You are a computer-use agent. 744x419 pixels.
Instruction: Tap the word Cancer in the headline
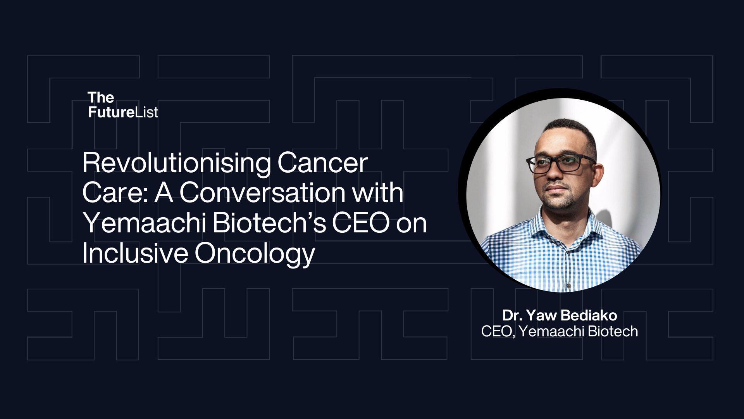coord(322,163)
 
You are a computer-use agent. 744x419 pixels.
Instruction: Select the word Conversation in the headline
coord(262,193)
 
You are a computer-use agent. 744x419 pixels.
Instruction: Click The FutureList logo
coord(123,105)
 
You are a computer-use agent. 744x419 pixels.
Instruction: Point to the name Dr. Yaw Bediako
coord(560,315)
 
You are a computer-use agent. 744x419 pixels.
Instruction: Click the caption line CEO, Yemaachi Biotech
coord(560,331)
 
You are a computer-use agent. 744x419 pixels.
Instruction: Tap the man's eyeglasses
coord(560,164)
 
